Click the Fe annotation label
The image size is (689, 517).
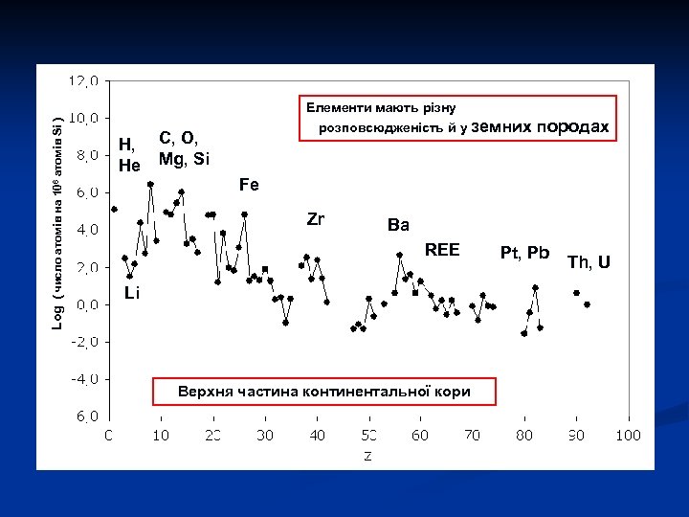[x=249, y=183]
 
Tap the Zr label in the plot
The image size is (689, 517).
[x=316, y=219]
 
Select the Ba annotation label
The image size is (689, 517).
[x=398, y=225]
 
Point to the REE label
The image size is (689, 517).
[x=442, y=250]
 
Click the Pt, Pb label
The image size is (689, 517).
[x=524, y=253]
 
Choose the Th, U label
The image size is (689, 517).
[x=589, y=261]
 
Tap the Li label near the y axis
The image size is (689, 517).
[x=131, y=293]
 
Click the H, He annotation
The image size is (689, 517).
[x=129, y=155]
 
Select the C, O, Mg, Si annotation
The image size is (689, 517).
[x=184, y=148]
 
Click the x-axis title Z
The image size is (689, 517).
[x=367, y=455]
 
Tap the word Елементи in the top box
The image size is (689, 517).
[x=338, y=107]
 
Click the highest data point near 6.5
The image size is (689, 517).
[x=150, y=184]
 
